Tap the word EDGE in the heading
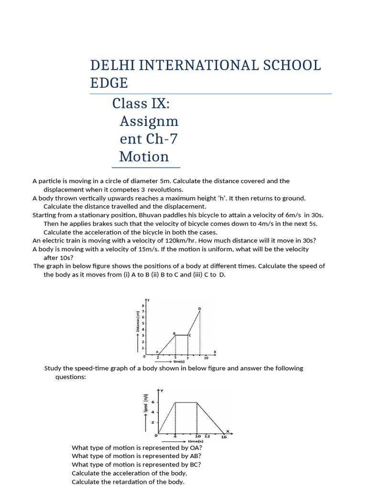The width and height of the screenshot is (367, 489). click(x=109, y=83)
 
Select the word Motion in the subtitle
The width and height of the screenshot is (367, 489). click(x=144, y=157)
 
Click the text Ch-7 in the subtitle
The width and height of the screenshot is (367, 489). click(x=162, y=139)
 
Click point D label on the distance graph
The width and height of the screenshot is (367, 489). click(x=199, y=309)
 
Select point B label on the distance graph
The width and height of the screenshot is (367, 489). click(x=174, y=333)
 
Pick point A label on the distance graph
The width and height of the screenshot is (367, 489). click(x=157, y=351)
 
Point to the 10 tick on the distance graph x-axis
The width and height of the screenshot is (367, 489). click(x=206, y=358)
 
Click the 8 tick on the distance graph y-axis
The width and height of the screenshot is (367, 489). click(x=142, y=305)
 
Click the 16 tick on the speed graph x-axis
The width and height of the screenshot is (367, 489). click(x=224, y=437)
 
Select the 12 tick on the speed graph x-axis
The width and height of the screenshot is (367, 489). click(x=207, y=436)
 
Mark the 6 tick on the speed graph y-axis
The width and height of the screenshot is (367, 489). click(x=153, y=402)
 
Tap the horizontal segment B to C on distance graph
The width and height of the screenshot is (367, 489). click(x=182, y=335)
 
